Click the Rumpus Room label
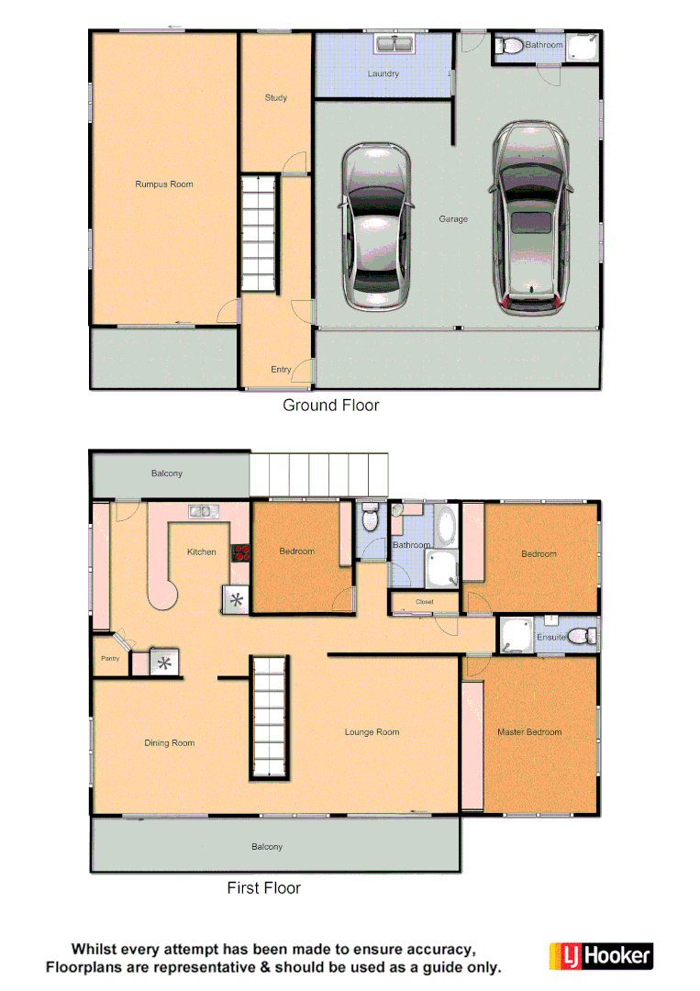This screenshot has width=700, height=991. tap(164, 184)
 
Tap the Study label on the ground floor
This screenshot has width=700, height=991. tap(275, 97)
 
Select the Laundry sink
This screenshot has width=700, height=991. tap(394, 44)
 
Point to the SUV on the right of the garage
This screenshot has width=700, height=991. tap(529, 220)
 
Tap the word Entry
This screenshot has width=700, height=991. tap(281, 370)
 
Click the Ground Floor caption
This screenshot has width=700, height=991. tap(330, 405)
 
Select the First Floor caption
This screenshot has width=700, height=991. tap(263, 887)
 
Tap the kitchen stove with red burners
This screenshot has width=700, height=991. tap(241, 552)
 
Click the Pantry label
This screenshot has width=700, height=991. tap(110, 658)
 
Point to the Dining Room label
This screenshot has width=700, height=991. tap(170, 743)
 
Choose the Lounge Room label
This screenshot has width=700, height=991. tap(372, 732)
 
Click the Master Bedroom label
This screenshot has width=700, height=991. tap(529, 732)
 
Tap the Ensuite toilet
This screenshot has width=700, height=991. tap(579, 636)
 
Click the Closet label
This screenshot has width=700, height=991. tap(424, 602)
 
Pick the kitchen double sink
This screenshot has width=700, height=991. tap(201, 511)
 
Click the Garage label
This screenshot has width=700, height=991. tap(453, 219)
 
